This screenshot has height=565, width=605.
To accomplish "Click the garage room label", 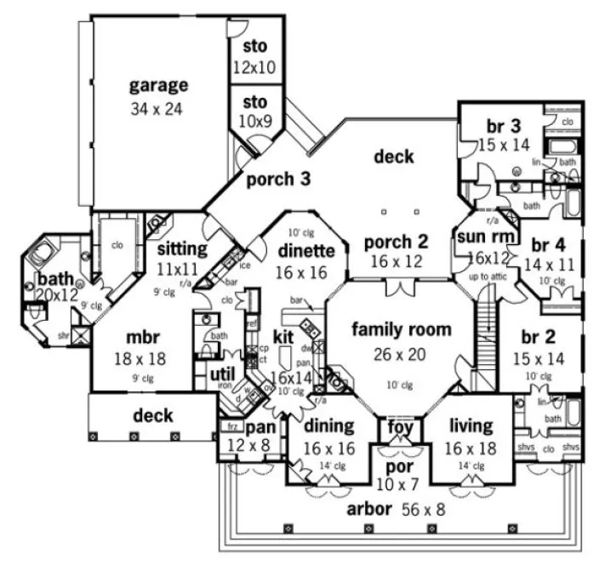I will [x=159, y=85].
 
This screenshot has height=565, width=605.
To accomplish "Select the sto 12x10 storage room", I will [x=254, y=56].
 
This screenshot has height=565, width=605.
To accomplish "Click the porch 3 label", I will [x=278, y=180].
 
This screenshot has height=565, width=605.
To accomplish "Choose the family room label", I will [x=401, y=329].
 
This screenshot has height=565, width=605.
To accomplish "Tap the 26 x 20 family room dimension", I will [x=401, y=353].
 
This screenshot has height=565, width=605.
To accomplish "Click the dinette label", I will [x=303, y=250].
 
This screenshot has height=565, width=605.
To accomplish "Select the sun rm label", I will [x=479, y=236].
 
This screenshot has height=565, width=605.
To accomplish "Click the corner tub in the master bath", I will [x=41, y=254].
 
